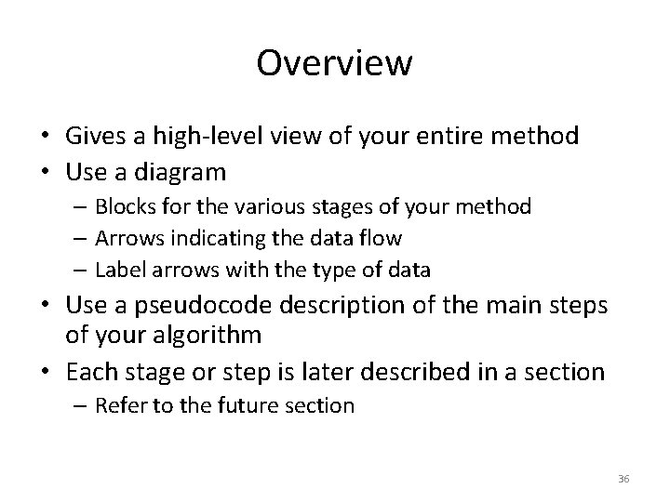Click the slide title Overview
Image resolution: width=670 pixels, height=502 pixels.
point(334,63)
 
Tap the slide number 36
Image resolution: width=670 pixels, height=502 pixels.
point(623,479)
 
